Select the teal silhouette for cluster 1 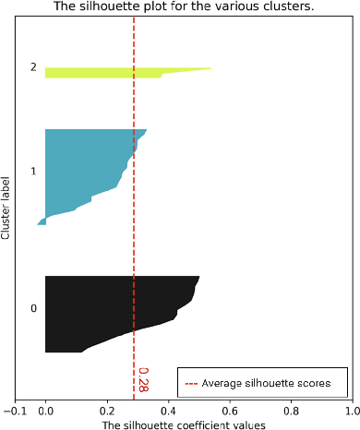(83, 171)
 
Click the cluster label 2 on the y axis (33, 67)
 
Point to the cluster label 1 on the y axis (33, 172)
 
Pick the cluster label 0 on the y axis (33, 308)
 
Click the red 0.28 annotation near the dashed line (143, 378)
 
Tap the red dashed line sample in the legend (192, 382)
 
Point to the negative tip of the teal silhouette (39, 223)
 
